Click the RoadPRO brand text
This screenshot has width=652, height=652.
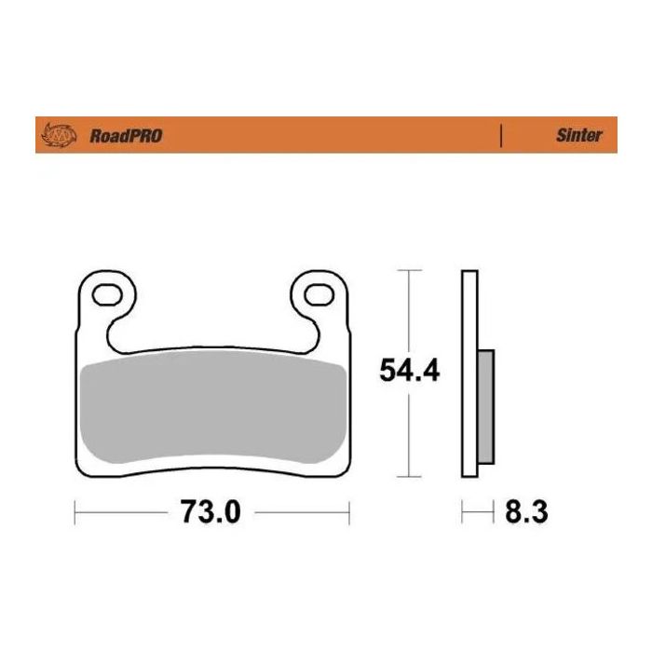[x=126, y=136]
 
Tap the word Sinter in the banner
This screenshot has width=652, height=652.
[x=579, y=135]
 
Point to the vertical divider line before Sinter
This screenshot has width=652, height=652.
[x=502, y=135]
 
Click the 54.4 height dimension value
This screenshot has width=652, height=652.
[x=409, y=371]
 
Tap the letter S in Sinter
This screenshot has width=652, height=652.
[x=562, y=135]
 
